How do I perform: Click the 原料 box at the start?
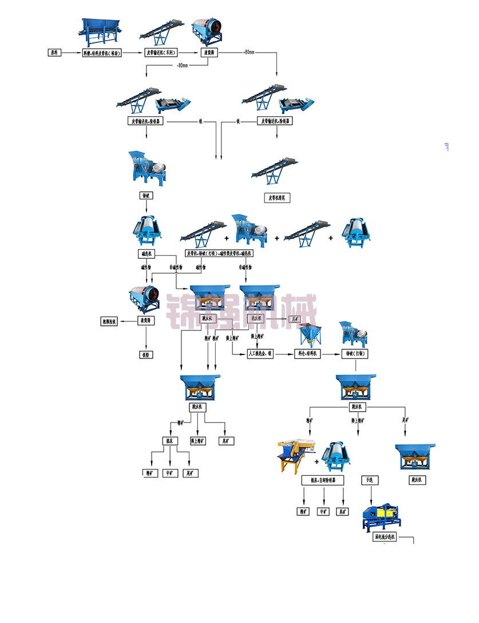pos(54,53)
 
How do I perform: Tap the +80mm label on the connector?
pos(249,53)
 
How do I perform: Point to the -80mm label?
pos(183,65)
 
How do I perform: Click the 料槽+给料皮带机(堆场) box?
pos(105,53)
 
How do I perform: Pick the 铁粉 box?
pos(145,354)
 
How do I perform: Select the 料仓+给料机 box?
pos(309,354)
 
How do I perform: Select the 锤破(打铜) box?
pos(355,354)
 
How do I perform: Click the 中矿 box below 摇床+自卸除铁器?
pos(323,511)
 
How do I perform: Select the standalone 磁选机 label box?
pos(146,253)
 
